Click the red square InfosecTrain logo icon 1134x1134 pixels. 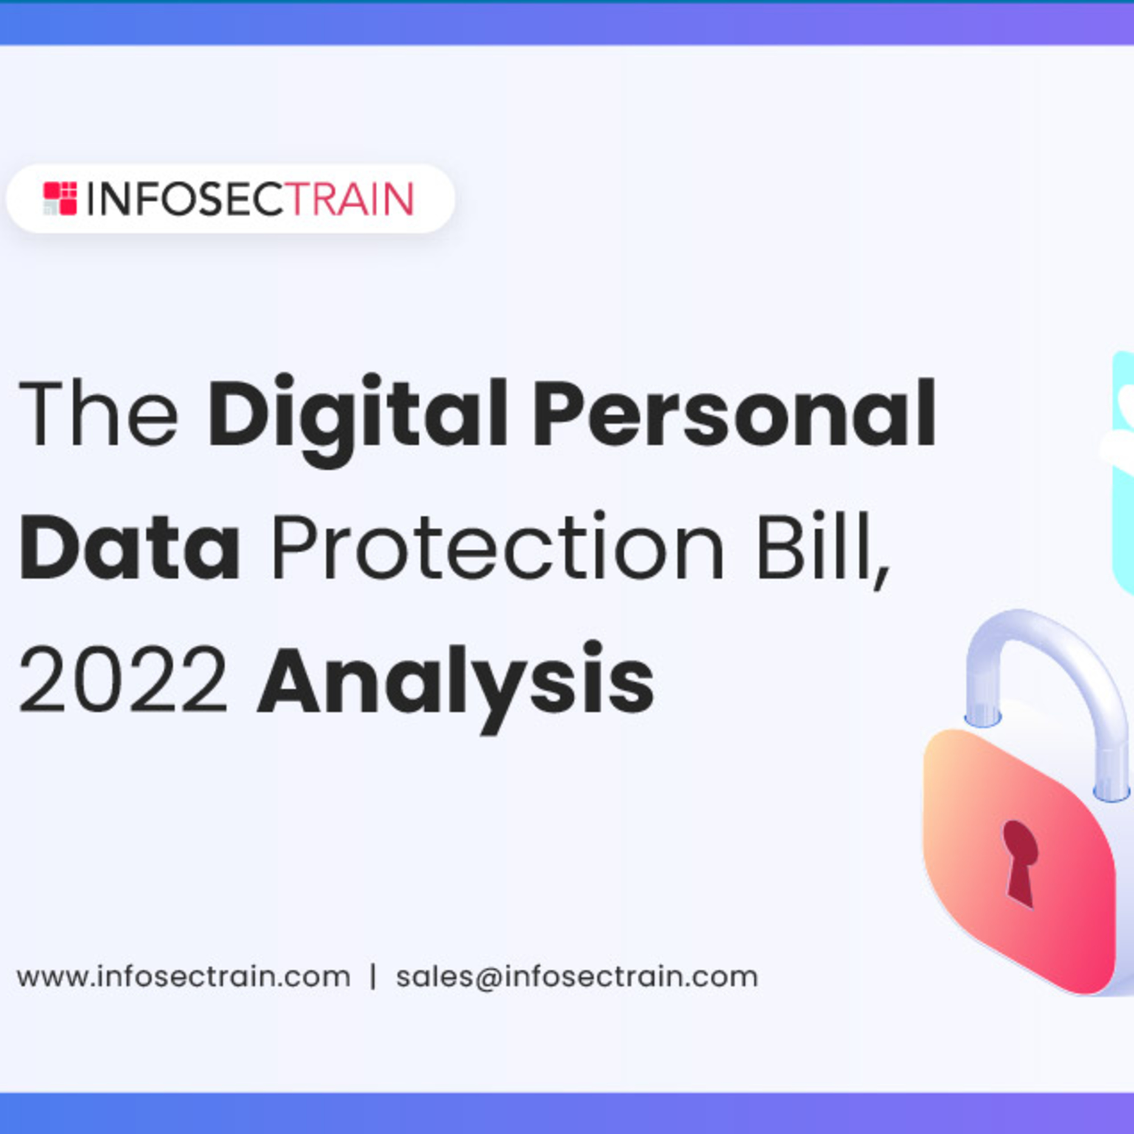[x=60, y=198]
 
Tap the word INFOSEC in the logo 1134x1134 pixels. [x=186, y=199]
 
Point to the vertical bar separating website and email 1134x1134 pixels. [x=373, y=977]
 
